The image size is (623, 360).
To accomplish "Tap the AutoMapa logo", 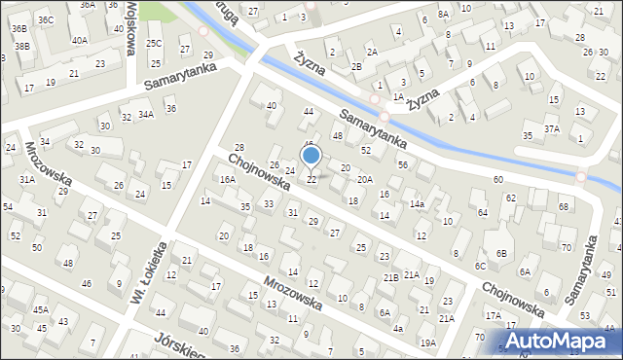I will (x=559, y=341).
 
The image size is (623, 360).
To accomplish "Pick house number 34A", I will (x=145, y=115).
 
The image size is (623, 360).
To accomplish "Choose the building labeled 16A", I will (x=228, y=180).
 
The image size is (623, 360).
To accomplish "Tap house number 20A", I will (x=364, y=179).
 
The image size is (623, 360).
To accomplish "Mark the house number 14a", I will (x=417, y=204).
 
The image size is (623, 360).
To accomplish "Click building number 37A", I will (x=552, y=128).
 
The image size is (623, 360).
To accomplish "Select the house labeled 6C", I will (x=480, y=266).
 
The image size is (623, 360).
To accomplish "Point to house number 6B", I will (x=501, y=253).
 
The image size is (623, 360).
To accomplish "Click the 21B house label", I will (x=390, y=278).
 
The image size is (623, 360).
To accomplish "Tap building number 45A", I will (x=41, y=309).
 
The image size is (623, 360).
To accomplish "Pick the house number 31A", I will (x=27, y=179).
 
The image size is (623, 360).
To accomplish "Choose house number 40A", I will (x=79, y=40).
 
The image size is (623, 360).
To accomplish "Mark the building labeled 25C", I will (x=154, y=44).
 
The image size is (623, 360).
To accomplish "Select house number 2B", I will (x=357, y=66).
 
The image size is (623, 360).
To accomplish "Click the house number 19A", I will (x=427, y=343).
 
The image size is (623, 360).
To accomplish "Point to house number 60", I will (x=497, y=180).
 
